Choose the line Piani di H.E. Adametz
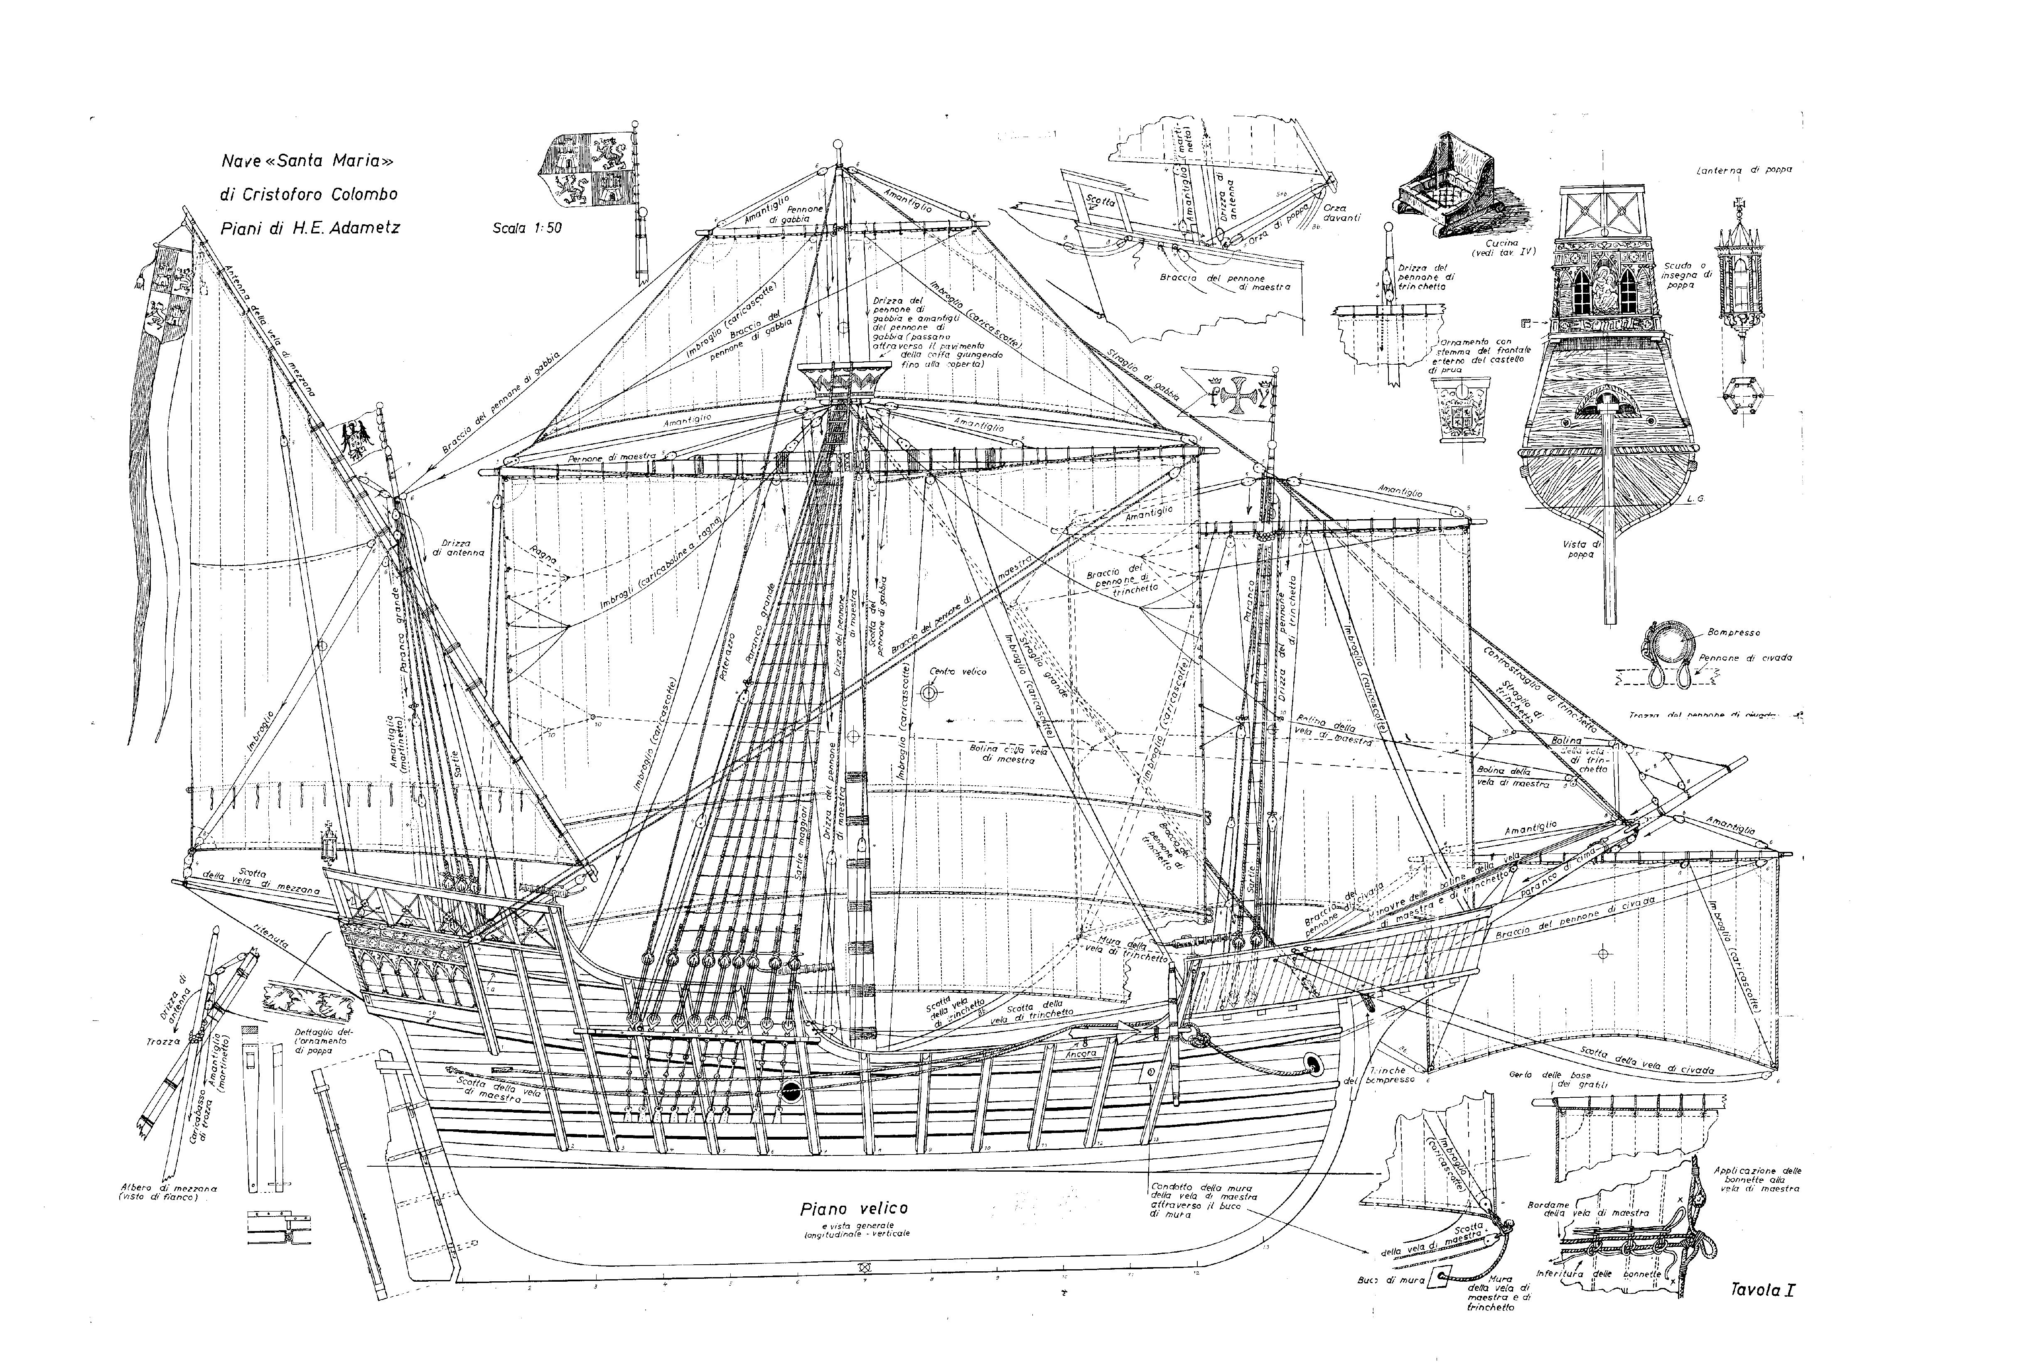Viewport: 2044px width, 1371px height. tap(310, 227)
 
